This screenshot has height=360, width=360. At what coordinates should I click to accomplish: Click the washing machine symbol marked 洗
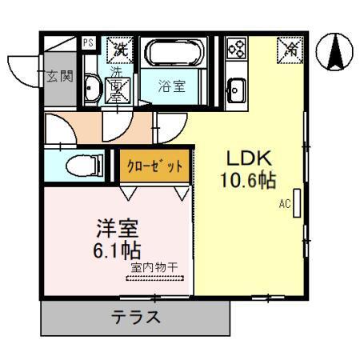pyautogui.click(x=120, y=50)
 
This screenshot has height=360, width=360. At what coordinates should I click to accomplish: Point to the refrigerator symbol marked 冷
pyautogui.click(x=290, y=50)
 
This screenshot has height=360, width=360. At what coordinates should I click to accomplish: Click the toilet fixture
pyautogui.click(x=81, y=166)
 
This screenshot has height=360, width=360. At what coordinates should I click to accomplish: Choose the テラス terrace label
pyautogui.click(x=135, y=317)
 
